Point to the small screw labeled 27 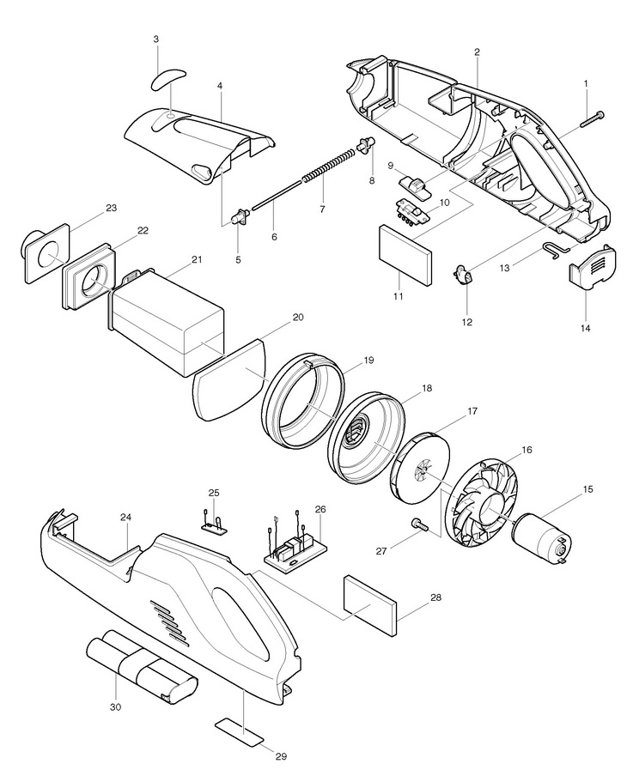pos(417,524)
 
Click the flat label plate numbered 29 pos(240,730)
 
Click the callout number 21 pos(197,259)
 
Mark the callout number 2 pos(476,52)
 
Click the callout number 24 pos(126,518)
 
